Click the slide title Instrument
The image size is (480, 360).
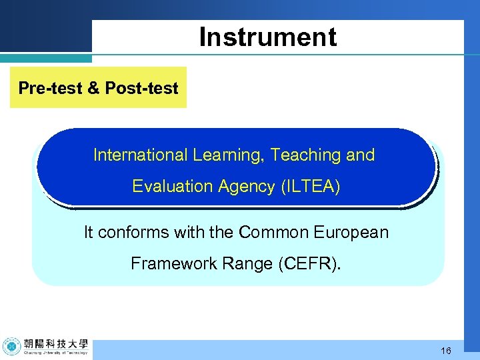(x=268, y=37)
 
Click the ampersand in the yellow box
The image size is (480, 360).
(x=94, y=88)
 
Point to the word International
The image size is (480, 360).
(x=141, y=155)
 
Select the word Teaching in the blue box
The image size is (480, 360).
(x=307, y=155)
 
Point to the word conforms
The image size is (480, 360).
(x=132, y=233)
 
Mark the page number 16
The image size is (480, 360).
(x=446, y=351)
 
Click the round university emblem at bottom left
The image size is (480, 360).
(x=11, y=347)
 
